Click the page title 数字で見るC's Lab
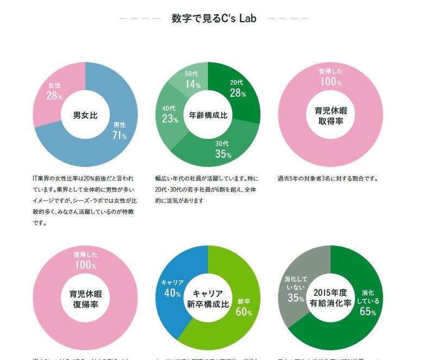pos(214,18)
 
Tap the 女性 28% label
pos(54,91)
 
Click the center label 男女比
pos(85,115)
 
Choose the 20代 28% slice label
pos(238,88)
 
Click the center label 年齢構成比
pos(208,115)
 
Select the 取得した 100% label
pos(331,77)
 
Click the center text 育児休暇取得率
pos(331,115)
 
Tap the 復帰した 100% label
pos(85,260)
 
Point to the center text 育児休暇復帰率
pos(85,299)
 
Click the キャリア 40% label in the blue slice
pos(172,288)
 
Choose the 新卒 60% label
pos(244,307)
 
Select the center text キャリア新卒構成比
pos(208,299)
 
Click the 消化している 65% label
pos(368,302)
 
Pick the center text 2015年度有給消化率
pos(331,299)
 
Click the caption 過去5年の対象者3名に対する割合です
pos(327,178)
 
